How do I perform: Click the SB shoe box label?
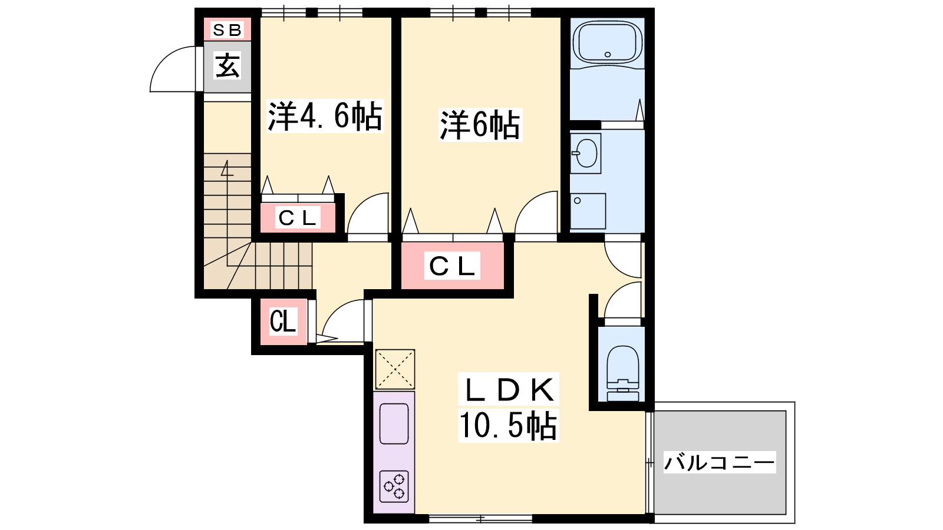pos(227,30)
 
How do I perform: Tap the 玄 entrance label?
pos(227,65)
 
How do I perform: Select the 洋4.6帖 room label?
pos(325,116)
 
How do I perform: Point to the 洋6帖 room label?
pos(480,124)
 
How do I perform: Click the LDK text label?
pos(509,390)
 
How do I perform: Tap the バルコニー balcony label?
pos(720,462)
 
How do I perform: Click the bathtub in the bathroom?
pos(608,42)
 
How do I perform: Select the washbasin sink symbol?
pos(586,154)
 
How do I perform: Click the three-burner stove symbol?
pos(394,486)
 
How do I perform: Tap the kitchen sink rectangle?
pos(394,424)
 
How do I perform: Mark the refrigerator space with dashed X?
pos(395,369)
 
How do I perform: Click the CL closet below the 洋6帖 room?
pos(452,266)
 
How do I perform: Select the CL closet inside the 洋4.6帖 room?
pos(298,217)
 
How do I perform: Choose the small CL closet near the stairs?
pos(283,322)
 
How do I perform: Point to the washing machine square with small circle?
pos(588,211)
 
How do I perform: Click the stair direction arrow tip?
pos(227,160)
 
